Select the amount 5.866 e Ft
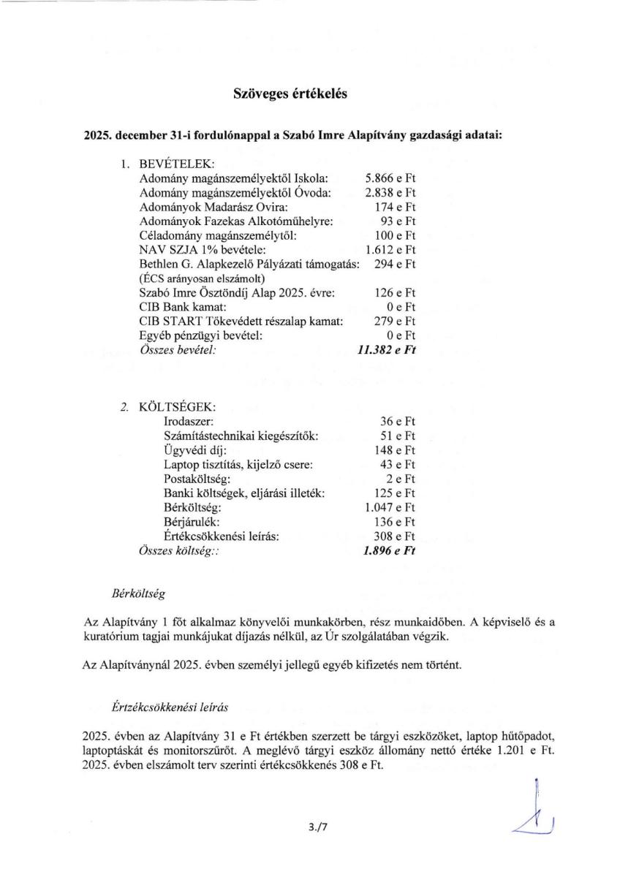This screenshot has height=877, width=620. pyautogui.click(x=390, y=178)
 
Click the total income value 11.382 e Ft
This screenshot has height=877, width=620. pyautogui.click(x=386, y=350)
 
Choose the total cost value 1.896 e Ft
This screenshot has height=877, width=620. pyautogui.click(x=389, y=551)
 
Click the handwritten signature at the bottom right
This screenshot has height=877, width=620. pyautogui.click(x=535, y=811)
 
